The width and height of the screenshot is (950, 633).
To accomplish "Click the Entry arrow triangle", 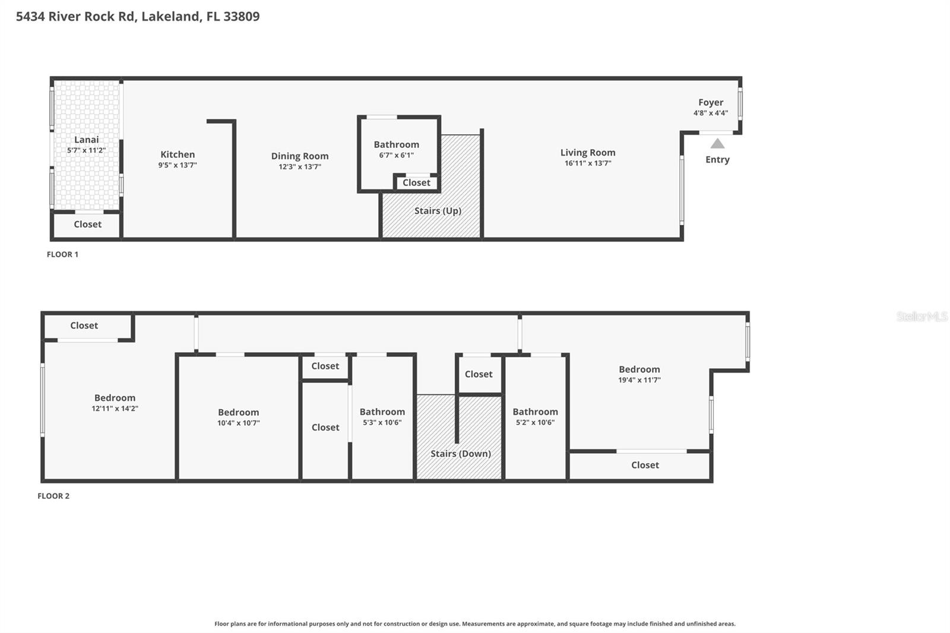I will [x=717, y=143].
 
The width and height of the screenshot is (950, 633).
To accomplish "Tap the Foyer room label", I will [x=711, y=102].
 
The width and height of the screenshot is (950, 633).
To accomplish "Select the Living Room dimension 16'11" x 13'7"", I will [x=588, y=163].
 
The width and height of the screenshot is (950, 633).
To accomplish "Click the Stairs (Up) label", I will [x=438, y=211].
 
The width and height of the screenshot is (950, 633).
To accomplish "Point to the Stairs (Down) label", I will [x=461, y=454].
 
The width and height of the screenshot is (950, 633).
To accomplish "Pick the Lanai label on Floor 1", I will [x=87, y=140].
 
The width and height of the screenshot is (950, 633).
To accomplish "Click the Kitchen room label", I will [x=178, y=154].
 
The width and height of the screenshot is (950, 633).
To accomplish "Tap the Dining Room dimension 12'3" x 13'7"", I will [x=300, y=167].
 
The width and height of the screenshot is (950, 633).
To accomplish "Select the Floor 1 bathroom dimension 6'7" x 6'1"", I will [x=397, y=156].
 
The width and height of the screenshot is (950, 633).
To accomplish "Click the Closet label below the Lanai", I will [x=88, y=224].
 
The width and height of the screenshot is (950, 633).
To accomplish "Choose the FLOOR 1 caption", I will [x=62, y=254].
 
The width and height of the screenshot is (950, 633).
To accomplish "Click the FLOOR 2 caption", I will [x=53, y=496].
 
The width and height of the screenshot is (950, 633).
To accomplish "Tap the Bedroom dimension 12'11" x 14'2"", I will [x=115, y=409].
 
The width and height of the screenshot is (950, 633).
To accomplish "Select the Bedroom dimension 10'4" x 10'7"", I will [x=238, y=423].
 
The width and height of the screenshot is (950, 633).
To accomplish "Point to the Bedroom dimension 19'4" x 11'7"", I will [x=639, y=380].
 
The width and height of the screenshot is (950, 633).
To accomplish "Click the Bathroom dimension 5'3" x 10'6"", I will [x=382, y=423].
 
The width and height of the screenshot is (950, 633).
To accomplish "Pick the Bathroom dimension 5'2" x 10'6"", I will [x=535, y=423].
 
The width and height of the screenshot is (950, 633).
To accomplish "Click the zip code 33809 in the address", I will [x=241, y=17].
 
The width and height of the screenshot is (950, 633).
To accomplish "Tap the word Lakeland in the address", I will [x=171, y=17].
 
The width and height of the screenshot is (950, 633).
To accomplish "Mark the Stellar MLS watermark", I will [x=921, y=316].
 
